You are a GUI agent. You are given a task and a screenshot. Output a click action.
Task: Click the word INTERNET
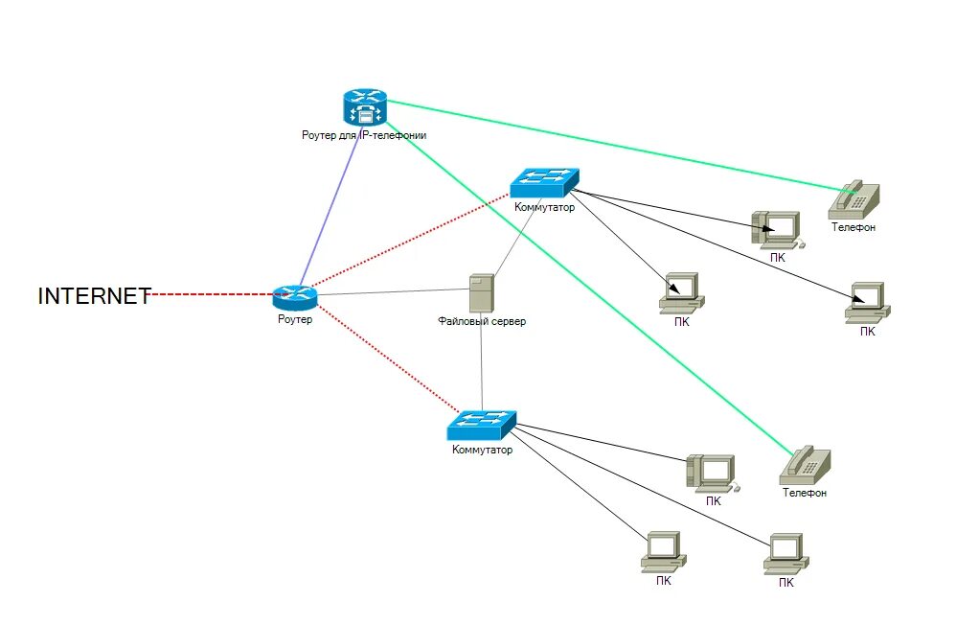(94, 296)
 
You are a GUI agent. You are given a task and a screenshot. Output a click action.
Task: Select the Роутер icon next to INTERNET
(294, 297)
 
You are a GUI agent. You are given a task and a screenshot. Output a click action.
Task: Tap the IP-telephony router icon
(364, 107)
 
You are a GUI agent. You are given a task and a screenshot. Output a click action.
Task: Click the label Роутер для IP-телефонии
(364, 136)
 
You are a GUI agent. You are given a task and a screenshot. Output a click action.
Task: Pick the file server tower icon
(481, 292)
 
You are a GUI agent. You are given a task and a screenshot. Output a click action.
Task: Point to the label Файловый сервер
(482, 322)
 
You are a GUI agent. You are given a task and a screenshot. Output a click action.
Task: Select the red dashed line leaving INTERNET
(211, 294)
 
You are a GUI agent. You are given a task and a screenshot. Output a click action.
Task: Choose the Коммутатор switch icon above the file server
(544, 183)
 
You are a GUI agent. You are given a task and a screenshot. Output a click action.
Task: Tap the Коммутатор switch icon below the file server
(481, 425)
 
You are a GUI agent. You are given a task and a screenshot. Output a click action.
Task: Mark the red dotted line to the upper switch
(412, 241)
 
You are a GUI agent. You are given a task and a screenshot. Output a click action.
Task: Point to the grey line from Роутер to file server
(393, 291)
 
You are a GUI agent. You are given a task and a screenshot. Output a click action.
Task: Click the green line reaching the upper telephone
(613, 145)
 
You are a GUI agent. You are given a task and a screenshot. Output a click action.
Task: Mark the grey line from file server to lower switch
(482, 364)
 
